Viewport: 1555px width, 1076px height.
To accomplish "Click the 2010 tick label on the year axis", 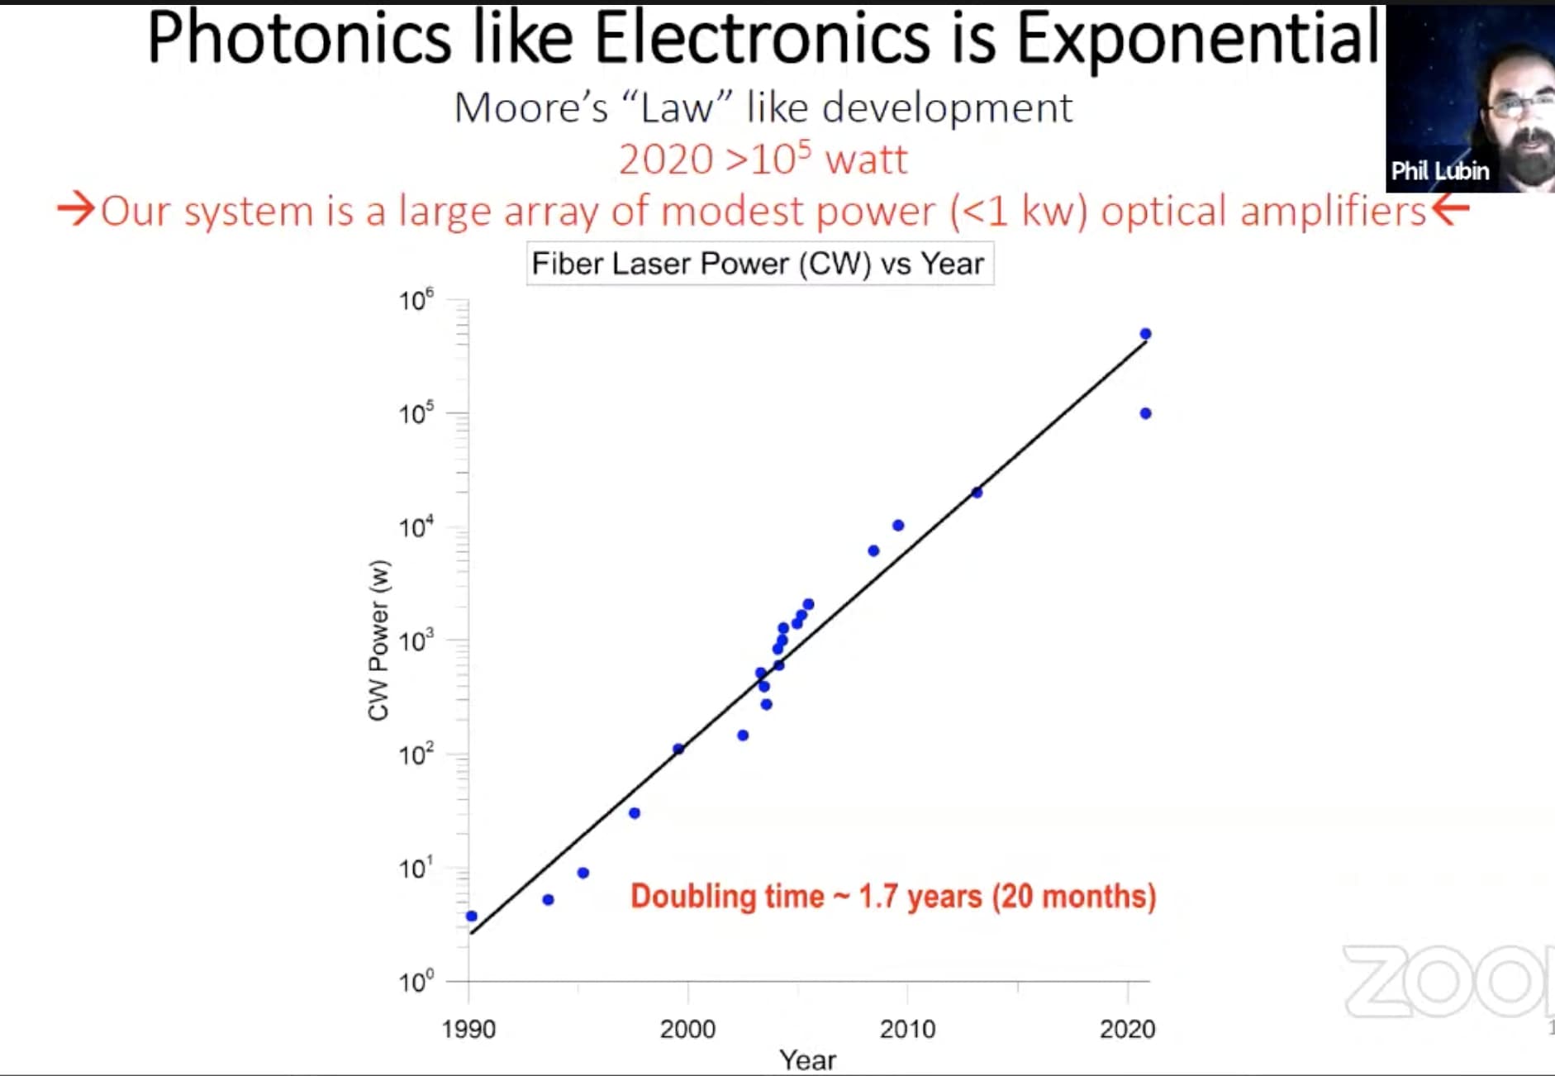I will pos(907,1029).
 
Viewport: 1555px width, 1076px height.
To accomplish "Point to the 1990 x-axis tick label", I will pos(468,1029).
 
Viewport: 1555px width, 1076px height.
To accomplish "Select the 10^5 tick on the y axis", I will pos(416,413).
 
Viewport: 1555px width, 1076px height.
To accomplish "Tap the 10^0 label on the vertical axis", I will pos(416,982).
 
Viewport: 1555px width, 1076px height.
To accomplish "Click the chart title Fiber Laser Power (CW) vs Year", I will pos(758,264).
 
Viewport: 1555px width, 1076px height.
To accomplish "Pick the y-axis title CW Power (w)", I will pos(378,640).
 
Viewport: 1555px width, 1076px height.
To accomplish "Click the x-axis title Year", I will pos(807,1059).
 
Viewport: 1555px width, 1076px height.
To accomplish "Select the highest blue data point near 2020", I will pos(1145,334).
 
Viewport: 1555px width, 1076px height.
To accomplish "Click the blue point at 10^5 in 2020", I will pos(1145,413).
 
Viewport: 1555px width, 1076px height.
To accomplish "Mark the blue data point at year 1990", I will pos(472,916).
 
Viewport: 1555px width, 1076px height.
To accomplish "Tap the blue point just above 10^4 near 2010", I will pos(898,526).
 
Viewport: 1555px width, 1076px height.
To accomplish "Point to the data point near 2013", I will pos(977,493).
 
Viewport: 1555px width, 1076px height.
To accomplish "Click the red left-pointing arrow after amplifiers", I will pos(1451,209).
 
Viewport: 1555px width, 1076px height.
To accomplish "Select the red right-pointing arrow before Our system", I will pos(76,209).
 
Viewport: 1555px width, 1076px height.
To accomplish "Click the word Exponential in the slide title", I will pos(1197,39).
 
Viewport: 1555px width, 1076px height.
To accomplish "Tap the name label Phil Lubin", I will pos(1439,171).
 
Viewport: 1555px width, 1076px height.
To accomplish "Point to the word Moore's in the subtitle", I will pos(530,108).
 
